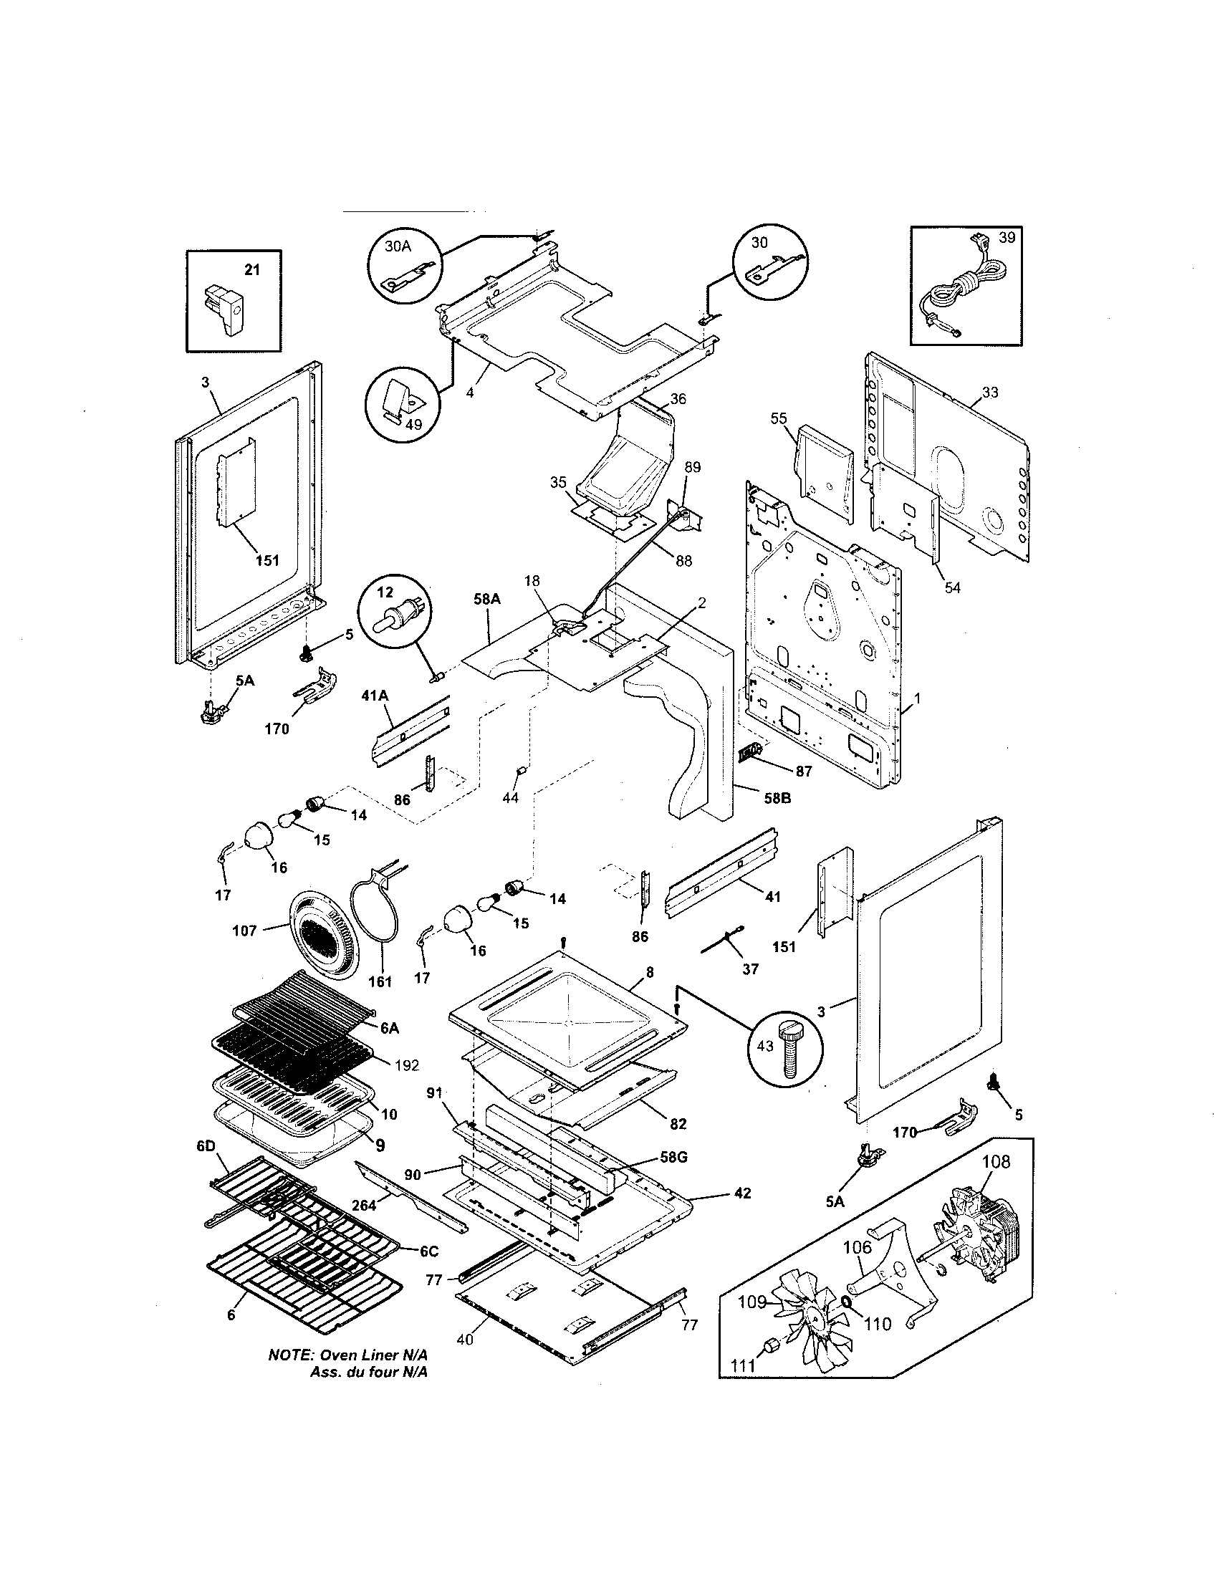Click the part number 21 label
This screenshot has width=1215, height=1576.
[251, 270]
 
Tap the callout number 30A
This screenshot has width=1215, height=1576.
[398, 246]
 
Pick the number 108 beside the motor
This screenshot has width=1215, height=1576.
[996, 1162]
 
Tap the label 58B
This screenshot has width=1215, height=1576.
[778, 798]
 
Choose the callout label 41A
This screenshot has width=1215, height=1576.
[375, 696]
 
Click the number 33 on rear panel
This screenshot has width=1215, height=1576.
[990, 393]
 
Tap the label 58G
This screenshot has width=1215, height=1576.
[673, 1157]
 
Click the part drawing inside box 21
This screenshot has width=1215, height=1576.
[226, 309]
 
